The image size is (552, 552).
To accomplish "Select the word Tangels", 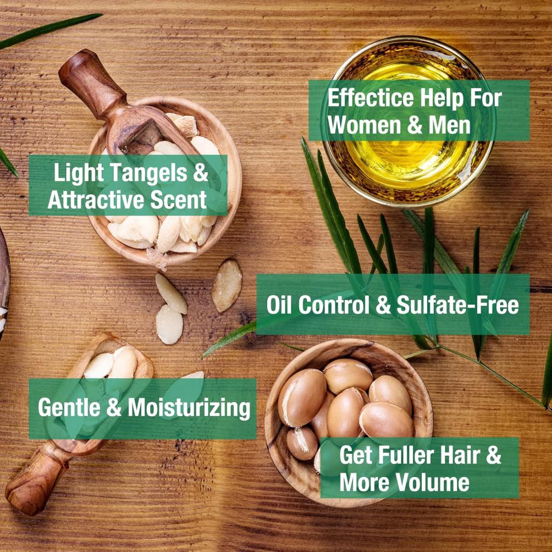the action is tap(148, 172).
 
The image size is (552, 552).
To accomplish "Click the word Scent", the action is tap(178, 200).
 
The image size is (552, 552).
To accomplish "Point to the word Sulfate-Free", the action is tap(458, 305).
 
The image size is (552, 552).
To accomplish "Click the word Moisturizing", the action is tap(189, 408).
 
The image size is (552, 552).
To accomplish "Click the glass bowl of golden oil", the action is tap(408, 121).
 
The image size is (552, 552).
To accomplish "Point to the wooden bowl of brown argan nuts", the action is tap(348, 422).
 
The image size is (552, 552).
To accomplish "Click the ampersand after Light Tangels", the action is tap(200, 172).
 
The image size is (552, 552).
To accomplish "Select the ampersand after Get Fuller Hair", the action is tap(493, 455).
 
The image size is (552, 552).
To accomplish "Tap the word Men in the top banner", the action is tap(449, 125).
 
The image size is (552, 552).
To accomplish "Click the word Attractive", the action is tap(96, 200).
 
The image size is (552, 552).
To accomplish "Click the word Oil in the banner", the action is tap(279, 305).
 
